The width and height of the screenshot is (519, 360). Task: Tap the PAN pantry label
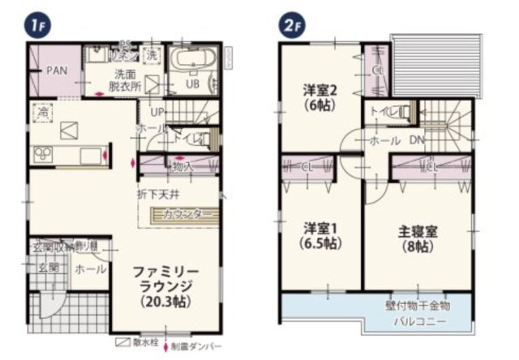56,71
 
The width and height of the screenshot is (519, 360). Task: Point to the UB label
194,84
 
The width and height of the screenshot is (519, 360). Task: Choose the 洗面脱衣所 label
127,77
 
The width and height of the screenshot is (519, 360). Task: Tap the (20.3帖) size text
168,302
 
